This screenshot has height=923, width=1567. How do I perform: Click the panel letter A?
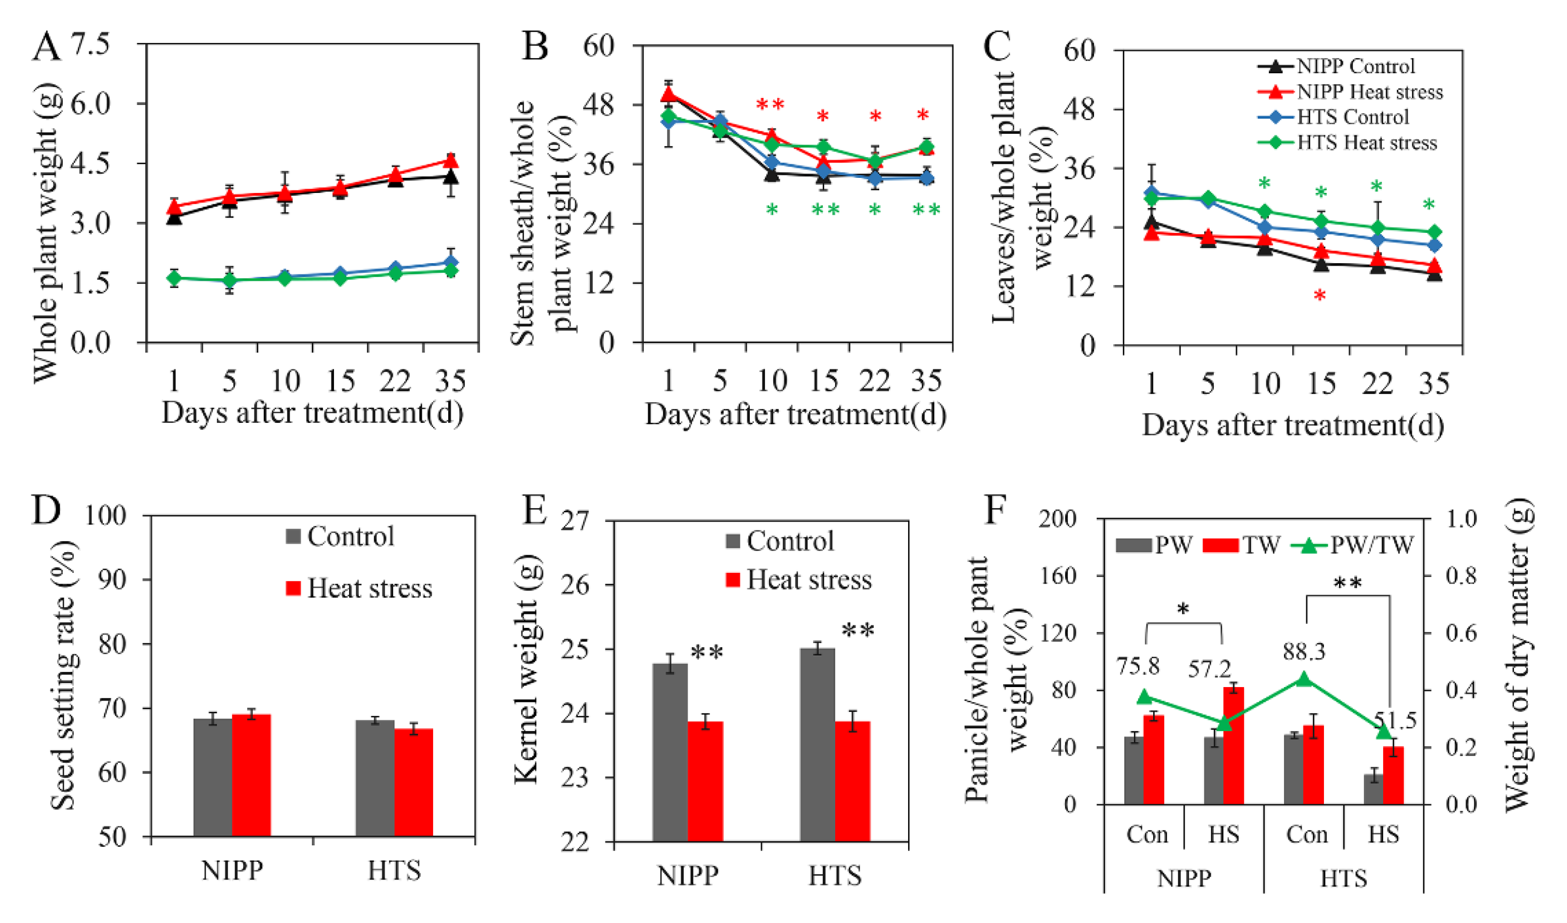(46, 46)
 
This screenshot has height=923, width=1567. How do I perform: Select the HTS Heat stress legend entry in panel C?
(1366, 143)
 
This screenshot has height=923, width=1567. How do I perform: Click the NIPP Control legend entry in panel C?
(1355, 66)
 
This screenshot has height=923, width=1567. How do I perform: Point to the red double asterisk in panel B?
(770, 106)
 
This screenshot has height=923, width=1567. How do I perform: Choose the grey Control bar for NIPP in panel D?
(213, 777)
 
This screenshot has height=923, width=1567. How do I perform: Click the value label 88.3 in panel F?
(1304, 651)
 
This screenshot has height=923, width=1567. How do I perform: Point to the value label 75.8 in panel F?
(1138, 666)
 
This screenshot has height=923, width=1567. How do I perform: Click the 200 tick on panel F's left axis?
(1058, 518)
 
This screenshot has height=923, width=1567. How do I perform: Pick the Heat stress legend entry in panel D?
(359, 589)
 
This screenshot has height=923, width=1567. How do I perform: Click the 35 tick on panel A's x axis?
(450, 380)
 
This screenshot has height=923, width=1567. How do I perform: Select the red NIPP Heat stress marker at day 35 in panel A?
(450, 161)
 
